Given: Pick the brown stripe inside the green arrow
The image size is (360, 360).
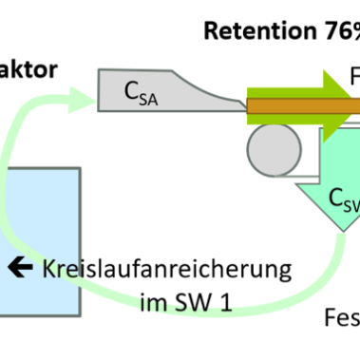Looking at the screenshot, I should point(294,106).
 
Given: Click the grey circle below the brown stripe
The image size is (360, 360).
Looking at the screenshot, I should point(272,148).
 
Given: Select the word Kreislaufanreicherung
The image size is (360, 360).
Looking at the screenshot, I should point(165,269).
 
